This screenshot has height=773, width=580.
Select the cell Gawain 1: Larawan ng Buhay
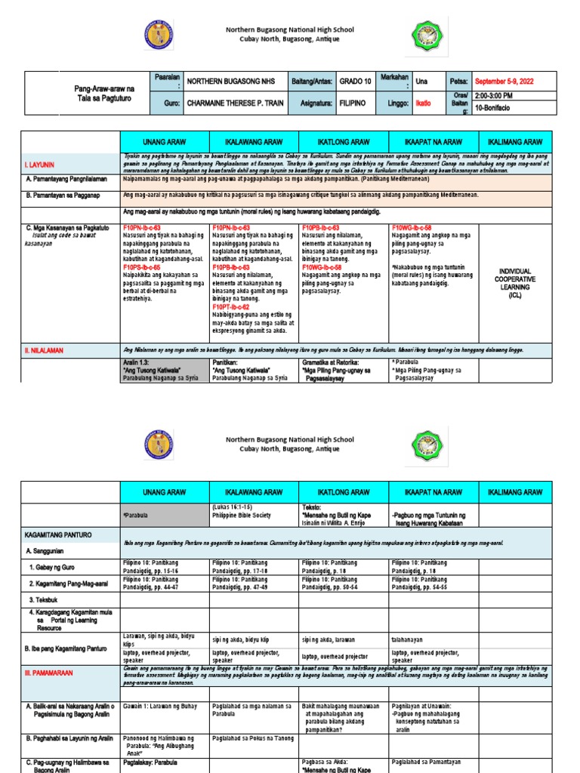coord(160,706)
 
